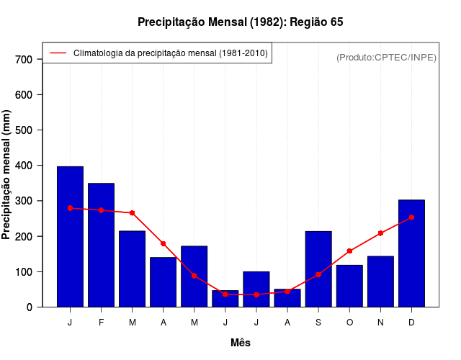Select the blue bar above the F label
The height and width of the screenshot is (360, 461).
pos(101,245)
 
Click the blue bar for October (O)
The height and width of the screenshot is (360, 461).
pos(349,286)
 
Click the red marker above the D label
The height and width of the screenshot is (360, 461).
pos(411,217)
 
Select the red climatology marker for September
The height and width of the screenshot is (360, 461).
pos(318,274)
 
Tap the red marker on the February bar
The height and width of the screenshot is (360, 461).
pos(101,210)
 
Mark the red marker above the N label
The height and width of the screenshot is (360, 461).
pos(380,233)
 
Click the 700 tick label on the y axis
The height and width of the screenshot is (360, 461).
pos(24,59)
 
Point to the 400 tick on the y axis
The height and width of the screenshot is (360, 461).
pos(24,166)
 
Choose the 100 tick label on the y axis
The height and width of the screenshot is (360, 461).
pos(24,271)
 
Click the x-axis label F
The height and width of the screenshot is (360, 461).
pos(101,323)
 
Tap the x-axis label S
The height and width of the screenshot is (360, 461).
pos(318,323)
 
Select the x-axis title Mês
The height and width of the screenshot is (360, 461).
pos(241,343)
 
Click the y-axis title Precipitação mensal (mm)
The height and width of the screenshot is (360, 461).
pos(7,175)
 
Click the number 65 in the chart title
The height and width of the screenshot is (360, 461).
pos(336,22)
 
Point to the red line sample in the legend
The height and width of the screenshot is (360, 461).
pos(58,53)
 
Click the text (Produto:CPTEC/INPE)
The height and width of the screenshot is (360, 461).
pos(386,57)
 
